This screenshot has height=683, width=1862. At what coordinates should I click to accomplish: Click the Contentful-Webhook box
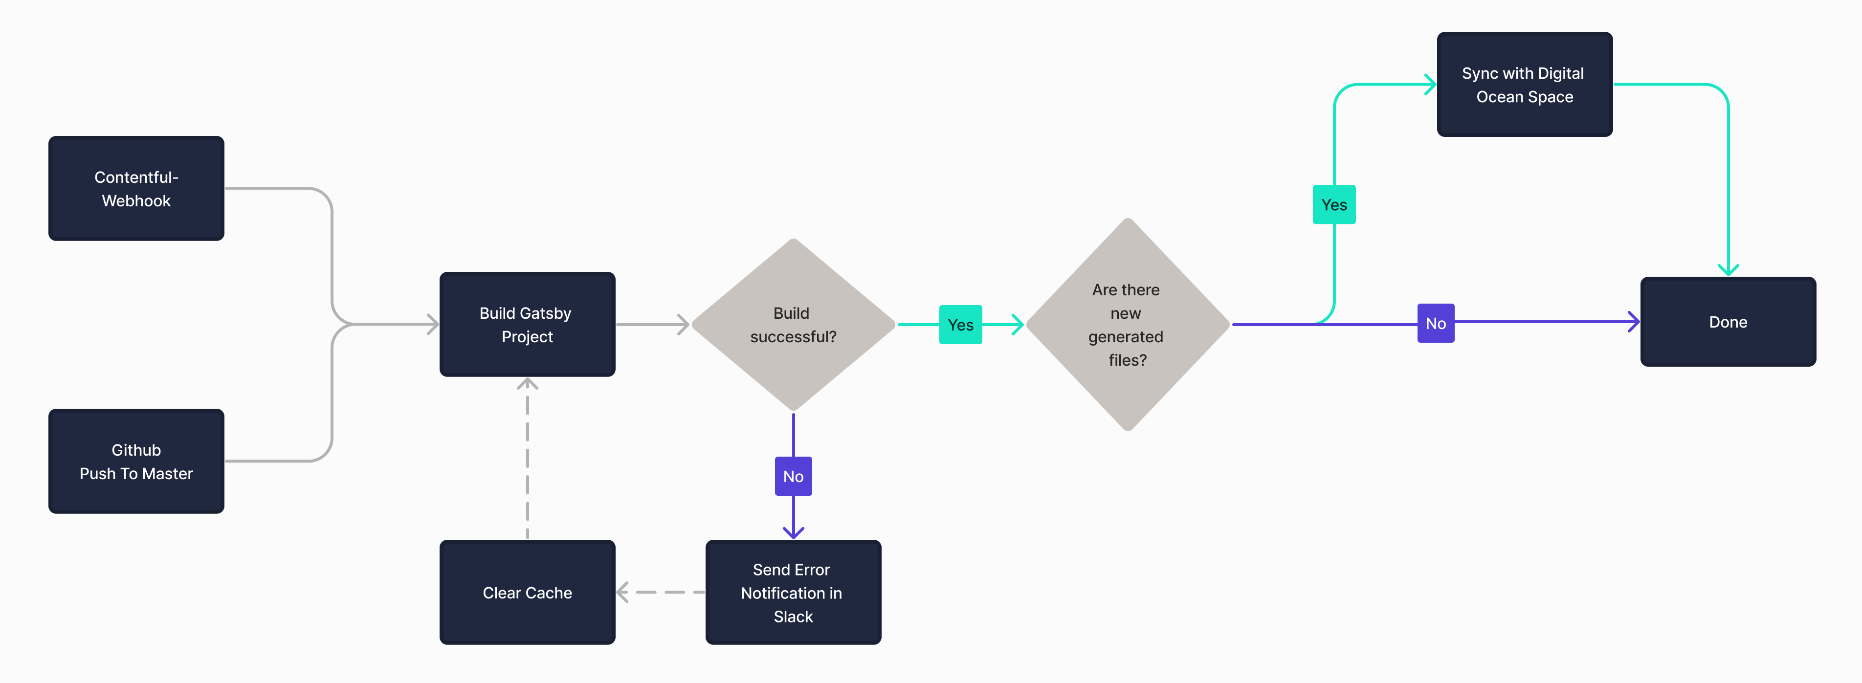point(136,189)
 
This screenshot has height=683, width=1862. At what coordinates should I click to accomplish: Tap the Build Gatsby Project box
point(527,325)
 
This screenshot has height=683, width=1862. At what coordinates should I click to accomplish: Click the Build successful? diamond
point(793,325)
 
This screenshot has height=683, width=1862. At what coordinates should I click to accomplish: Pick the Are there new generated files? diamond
point(1127,325)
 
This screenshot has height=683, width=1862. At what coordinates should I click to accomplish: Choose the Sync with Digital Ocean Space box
point(1525,85)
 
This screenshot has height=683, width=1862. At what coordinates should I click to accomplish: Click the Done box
point(1728,322)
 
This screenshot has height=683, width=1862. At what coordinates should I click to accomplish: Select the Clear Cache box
point(527,592)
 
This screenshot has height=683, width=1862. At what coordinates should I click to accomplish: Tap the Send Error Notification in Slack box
point(793,592)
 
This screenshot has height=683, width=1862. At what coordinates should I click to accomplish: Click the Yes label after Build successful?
point(960,325)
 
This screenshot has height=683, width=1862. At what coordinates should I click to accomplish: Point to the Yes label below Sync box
point(1333,204)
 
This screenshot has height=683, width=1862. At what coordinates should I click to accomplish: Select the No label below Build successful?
point(793,476)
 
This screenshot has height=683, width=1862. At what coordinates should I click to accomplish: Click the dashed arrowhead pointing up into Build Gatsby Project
point(527,384)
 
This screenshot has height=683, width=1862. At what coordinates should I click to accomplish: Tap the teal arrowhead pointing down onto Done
point(1728,269)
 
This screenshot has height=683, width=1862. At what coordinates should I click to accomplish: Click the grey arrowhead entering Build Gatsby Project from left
point(433,325)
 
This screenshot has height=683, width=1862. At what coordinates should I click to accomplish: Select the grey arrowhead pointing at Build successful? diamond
point(683,325)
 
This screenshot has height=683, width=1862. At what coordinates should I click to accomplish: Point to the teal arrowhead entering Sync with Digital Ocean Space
point(1430,85)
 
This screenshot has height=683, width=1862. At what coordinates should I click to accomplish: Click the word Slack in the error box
point(793,617)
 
